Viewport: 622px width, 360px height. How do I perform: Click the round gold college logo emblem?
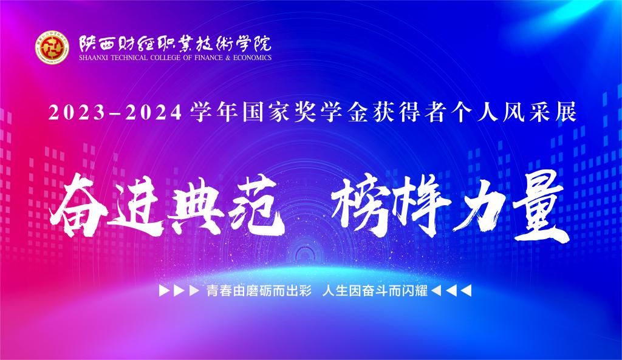pyautogui.click(x=52, y=47)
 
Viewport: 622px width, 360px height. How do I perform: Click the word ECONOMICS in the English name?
pyautogui.click(x=252, y=58)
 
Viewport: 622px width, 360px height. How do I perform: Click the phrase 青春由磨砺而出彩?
pyautogui.click(x=259, y=291)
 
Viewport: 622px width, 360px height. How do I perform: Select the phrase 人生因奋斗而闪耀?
pyautogui.click(x=375, y=291)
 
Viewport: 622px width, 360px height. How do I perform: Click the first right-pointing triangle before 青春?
pyautogui.click(x=164, y=291)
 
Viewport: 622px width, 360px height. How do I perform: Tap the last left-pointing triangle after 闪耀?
pyautogui.click(x=466, y=291)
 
